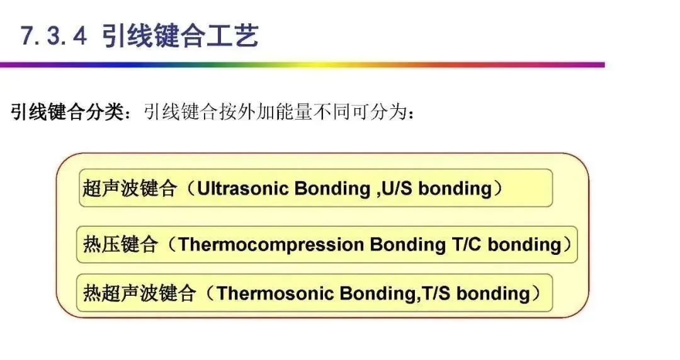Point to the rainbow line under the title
pyautogui.click(x=302, y=64)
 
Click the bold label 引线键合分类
pyautogui.click(x=67, y=113)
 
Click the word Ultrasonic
pyautogui.click(x=237, y=188)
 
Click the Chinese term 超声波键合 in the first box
pyautogui.click(x=128, y=188)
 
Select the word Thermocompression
pyautogui.click(x=271, y=244)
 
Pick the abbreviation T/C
pyautogui.click(x=465, y=244)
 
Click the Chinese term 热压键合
pyautogui.click(x=120, y=244)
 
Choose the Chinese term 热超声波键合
pyautogui.click(x=139, y=293)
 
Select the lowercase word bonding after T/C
pyautogui.click(x=524, y=244)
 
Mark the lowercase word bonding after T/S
pyautogui.click(x=494, y=293)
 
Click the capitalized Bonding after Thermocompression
pyautogui.click(x=407, y=244)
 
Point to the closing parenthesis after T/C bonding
pyautogui.click(x=568, y=244)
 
